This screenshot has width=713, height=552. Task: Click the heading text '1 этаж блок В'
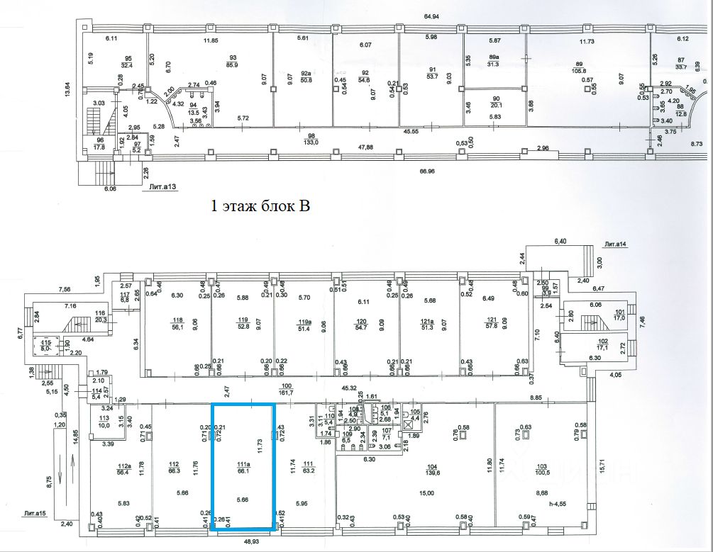[x=261, y=207]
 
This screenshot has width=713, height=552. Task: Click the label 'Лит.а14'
[x=614, y=244]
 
